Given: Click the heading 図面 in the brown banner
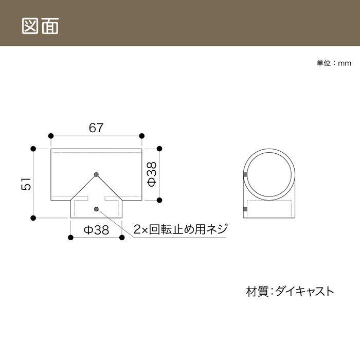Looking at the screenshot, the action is (40, 26).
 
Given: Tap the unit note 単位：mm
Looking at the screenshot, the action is (334, 63).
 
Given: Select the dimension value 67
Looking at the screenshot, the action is (96, 128).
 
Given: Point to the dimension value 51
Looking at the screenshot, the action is (26, 184).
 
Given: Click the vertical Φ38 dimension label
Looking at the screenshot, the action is (152, 174).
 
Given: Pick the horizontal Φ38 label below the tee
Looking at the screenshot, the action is (96, 229).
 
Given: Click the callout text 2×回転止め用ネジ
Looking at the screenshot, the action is (181, 229).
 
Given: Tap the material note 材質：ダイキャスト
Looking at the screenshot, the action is (290, 291).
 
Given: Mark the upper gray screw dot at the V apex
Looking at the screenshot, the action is (97, 174).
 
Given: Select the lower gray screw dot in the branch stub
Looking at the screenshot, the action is (97, 209).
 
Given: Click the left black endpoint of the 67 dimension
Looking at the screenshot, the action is (51, 136).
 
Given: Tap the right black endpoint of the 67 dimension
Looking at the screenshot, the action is (142, 136).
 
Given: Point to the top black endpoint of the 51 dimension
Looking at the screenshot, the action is (33, 149).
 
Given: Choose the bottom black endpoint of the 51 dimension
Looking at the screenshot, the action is (33, 218).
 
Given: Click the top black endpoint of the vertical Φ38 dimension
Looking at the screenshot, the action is (159, 149).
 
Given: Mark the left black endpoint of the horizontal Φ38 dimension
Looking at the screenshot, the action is (71, 238).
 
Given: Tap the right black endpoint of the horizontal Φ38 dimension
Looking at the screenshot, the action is (122, 238).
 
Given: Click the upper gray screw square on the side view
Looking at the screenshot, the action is (245, 175).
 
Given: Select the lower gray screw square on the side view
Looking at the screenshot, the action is (245, 209).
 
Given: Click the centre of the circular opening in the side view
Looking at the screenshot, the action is (269, 174).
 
